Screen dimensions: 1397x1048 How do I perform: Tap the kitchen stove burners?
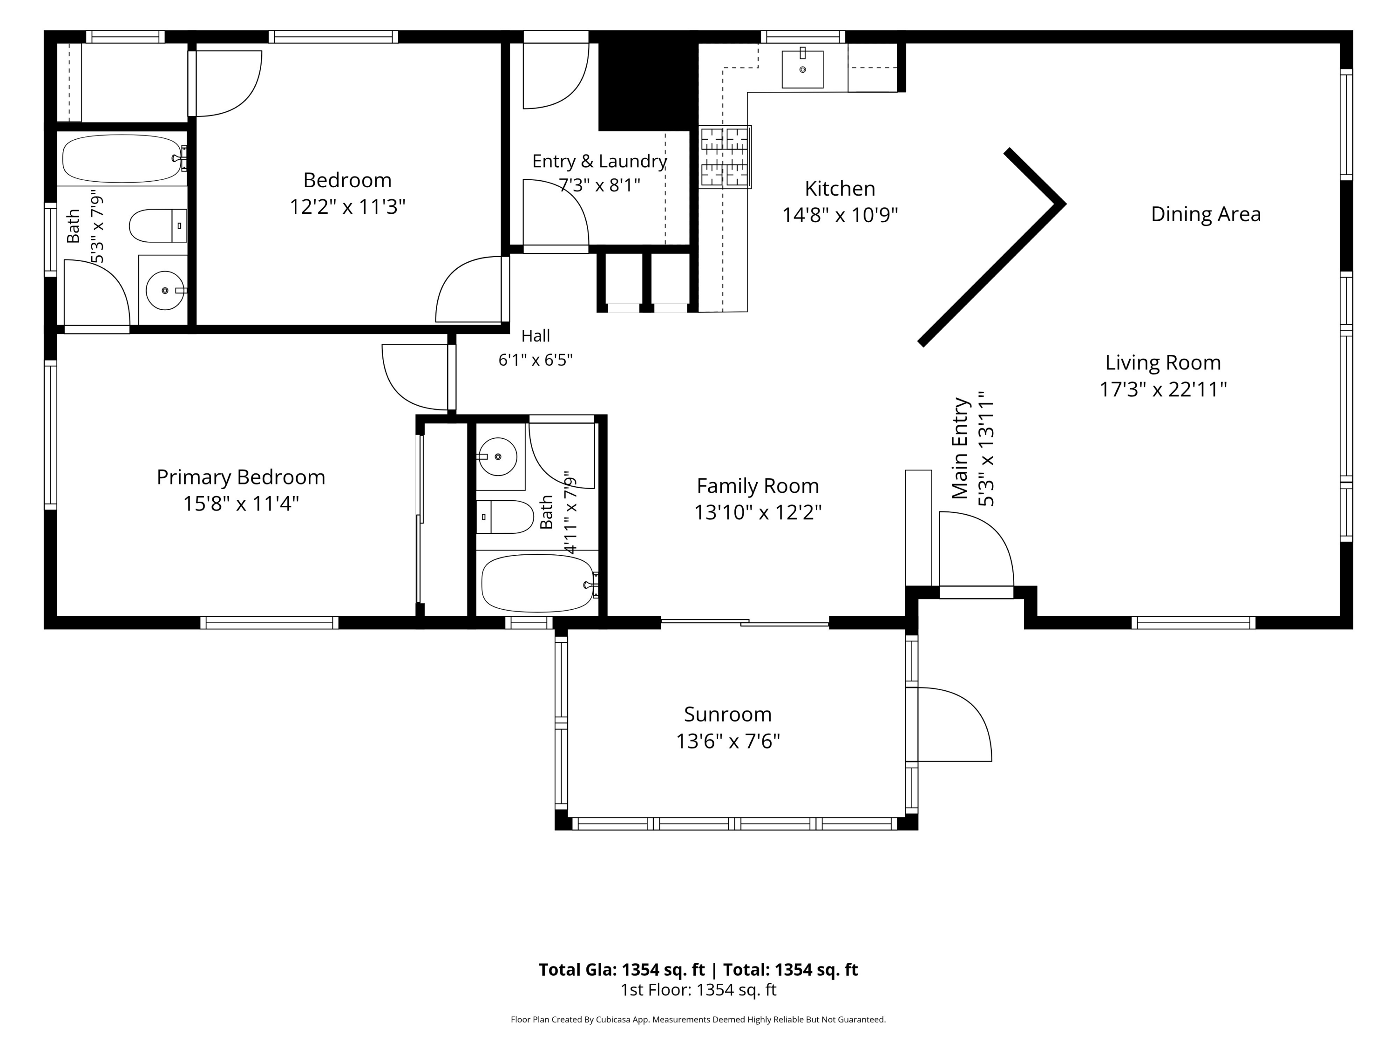(x=725, y=157)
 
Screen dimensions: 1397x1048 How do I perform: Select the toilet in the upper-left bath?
(x=158, y=225)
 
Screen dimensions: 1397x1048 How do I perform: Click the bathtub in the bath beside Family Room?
(x=539, y=583)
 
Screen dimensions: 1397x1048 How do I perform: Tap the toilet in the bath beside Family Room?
(x=505, y=517)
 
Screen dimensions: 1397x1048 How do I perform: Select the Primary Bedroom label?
(x=241, y=477)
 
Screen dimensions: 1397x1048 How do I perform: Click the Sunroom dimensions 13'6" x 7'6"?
(x=727, y=741)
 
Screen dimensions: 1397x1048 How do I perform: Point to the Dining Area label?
(x=1206, y=214)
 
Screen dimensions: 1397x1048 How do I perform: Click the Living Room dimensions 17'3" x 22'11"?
(x=1163, y=389)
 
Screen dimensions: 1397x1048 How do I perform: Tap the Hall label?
(x=536, y=335)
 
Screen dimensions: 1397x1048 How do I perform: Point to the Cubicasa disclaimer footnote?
(x=698, y=1019)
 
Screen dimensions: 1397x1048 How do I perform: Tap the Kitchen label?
(x=840, y=188)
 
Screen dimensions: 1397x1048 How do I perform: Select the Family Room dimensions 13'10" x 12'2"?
(x=758, y=512)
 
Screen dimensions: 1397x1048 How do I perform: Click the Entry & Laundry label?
(x=599, y=161)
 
